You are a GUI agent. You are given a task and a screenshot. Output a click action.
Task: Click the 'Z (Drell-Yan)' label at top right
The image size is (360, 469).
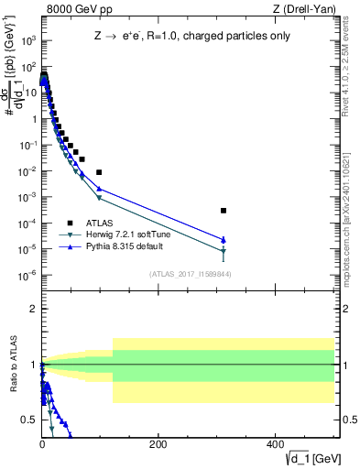pos(306,10)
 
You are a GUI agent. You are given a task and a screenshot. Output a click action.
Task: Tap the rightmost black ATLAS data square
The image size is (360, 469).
pos(224,211)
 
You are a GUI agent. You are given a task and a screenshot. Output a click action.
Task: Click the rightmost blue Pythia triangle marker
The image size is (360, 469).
pos(224,240)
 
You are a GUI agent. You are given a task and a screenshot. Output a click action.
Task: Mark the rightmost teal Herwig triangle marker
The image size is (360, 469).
pos(224,251)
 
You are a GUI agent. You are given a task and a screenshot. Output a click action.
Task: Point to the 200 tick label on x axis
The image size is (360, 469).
pos(158,445)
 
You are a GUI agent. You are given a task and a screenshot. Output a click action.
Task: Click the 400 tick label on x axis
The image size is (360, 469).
pos(275,445)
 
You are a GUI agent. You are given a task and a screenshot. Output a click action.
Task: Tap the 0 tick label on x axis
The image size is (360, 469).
pos(42,445)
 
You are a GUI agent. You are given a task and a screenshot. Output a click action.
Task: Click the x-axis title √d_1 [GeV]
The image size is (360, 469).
pos(312,457)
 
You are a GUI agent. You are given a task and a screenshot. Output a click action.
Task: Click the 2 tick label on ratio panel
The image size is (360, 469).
pos(32,310)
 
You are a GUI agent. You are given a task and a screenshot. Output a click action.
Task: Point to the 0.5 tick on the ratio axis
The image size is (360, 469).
pos(28,420)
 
